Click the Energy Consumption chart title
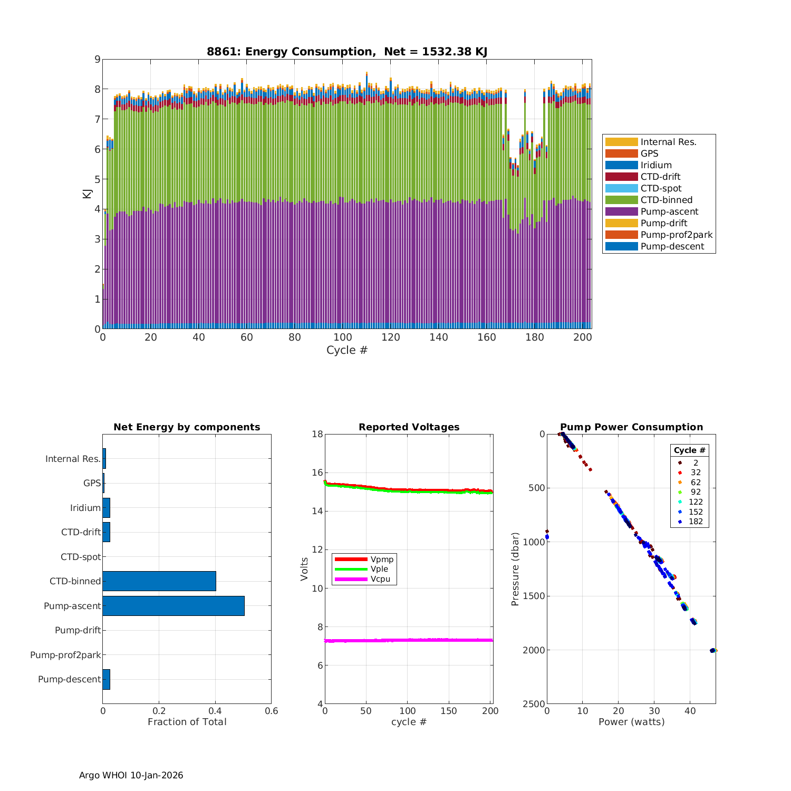click(346, 52)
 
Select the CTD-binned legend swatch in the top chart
click(621, 200)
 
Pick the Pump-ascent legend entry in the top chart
click(669, 211)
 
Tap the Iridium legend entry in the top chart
click(656, 165)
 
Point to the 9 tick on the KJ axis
click(97, 59)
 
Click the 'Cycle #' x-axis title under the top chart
click(346, 350)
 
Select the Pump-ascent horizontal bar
click(173, 606)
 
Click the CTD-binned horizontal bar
click(159, 581)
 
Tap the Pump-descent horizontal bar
click(106, 679)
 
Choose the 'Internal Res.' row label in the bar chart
click(73, 459)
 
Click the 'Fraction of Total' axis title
click(187, 722)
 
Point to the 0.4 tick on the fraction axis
click(215, 711)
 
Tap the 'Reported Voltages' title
click(409, 427)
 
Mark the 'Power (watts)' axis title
click(631, 722)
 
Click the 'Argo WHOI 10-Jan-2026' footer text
click(131, 775)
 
